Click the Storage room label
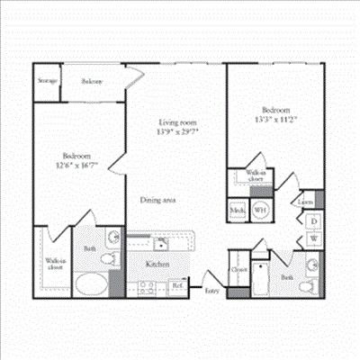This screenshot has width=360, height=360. tap(48, 81)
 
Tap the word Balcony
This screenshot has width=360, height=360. tap(92, 81)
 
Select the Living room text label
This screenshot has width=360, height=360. tap(178, 122)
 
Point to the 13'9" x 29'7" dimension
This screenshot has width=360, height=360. tap(178, 133)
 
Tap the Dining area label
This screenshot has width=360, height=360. tap(157, 200)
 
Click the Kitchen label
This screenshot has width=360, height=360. tap(159, 264)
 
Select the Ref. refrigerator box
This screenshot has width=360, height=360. tap(177, 288)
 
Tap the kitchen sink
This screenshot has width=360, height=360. tap(159, 243)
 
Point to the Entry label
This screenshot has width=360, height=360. tap(212, 290)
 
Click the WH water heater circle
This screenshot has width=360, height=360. tap(259, 210)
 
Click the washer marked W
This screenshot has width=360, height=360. tap(314, 238)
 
